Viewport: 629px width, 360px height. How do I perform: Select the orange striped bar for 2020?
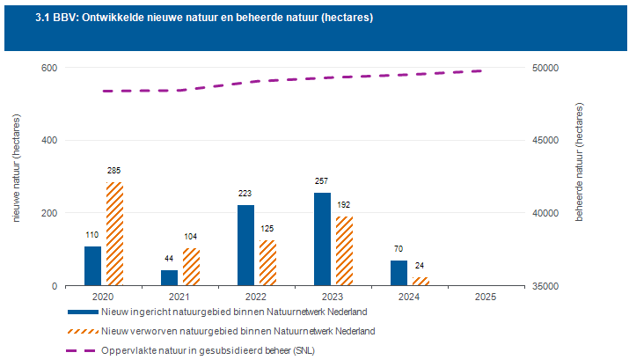pyautogui.click(x=115, y=234)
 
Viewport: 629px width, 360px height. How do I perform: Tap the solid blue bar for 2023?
pyautogui.click(x=322, y=239)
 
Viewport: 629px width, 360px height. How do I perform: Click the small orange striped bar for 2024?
pyautogui.click(x=421, y=281)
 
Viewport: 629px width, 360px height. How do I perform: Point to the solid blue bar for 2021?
pyautogui.click(x=169, y=277)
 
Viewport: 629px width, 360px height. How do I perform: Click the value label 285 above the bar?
pyautogui.click(x=115, y=171)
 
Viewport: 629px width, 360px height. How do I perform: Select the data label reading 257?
pyautogui.click(x=322, y=181)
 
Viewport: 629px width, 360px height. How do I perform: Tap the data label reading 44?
pyautogui.click(x=169, y=259)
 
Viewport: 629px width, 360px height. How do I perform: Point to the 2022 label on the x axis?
pyautogui.click(x=257, y=298)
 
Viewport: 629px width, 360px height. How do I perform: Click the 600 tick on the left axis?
pyautogui.click(x=49, y=68)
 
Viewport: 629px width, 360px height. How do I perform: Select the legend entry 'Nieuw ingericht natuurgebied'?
pyautogui.click(x=233, y=312)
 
